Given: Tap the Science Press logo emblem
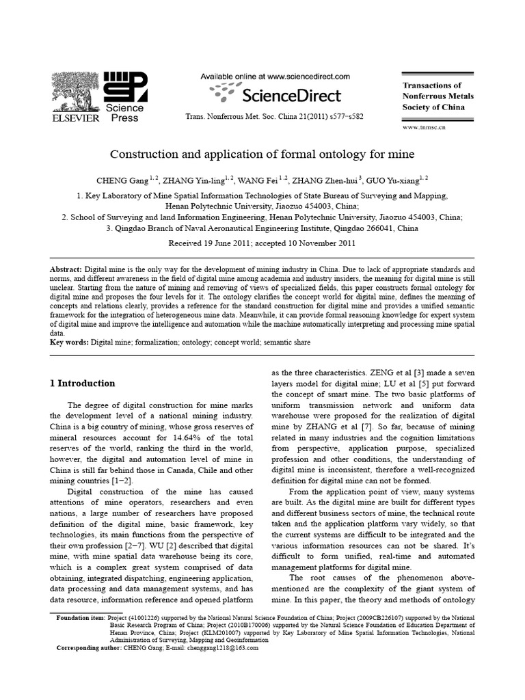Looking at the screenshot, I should coord(124,87).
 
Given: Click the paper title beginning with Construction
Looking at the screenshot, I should coord(262,155).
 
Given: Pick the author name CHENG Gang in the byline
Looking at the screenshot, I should coord(121,181).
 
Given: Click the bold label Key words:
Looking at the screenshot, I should coord(70,341).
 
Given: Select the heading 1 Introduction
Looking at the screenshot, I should coord(82,383).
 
